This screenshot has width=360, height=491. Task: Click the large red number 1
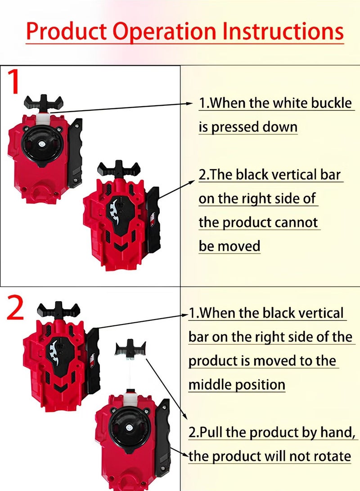click(15, 83)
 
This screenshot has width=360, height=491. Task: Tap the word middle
click(211, 385)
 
